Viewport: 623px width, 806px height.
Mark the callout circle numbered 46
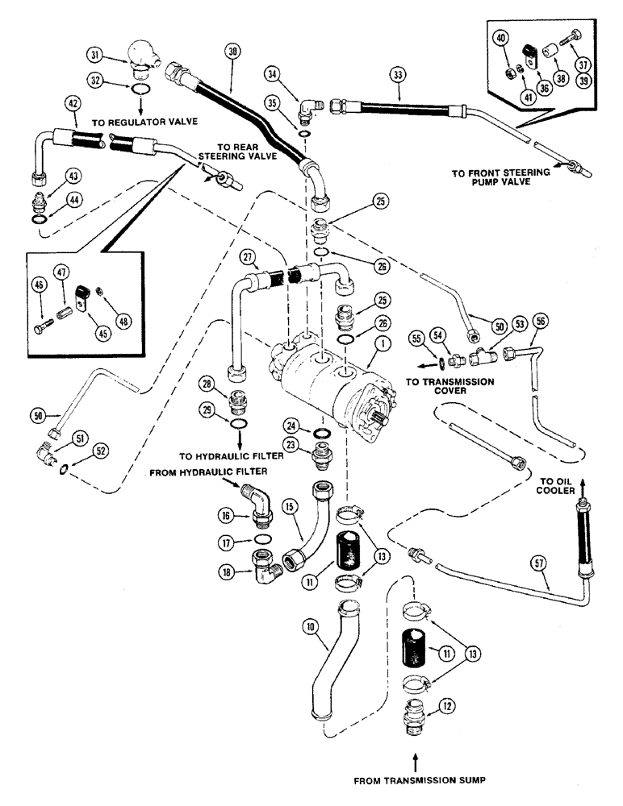click(40, 285)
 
